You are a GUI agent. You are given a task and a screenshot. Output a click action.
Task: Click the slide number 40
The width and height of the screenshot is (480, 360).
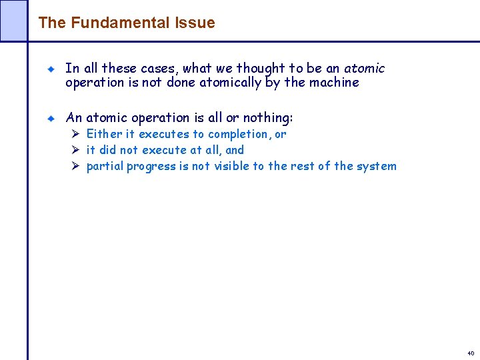click(x=471, y=352)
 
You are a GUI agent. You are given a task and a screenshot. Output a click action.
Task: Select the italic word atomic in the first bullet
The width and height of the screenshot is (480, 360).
click(x=365, y=68)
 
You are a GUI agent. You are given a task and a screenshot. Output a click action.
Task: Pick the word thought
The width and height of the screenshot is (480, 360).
click(x=256, y=68)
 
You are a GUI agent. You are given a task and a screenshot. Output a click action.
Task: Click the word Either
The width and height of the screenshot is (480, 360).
click(x=104, y=134)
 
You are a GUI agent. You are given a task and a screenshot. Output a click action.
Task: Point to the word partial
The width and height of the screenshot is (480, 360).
click(x=105, y=166)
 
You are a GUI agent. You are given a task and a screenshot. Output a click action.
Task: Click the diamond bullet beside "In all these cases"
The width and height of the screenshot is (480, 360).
click(x=50, y=69)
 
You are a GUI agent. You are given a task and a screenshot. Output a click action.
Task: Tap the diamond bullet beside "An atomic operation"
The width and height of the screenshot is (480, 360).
click(x=50, y=118)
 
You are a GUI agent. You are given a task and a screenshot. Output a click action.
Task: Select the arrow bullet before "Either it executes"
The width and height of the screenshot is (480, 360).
click(x=76, y=134)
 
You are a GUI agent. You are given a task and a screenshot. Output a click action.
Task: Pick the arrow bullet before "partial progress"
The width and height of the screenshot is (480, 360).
click(x=76, y=166)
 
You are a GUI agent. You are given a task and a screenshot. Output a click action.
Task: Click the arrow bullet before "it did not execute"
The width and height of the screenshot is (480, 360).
click(x=76, y=150)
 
